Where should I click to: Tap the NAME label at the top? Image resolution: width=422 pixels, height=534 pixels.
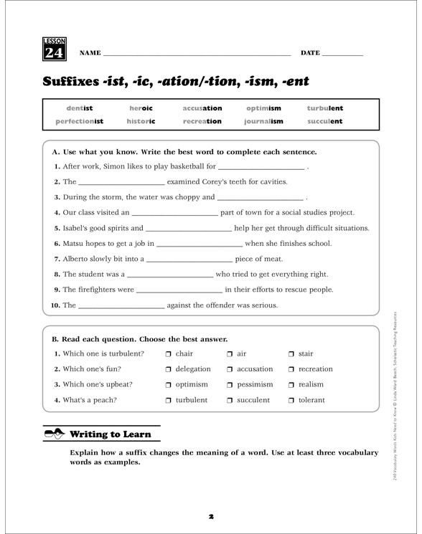pos(90,54)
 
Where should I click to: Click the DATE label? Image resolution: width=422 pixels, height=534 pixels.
pos(310,54)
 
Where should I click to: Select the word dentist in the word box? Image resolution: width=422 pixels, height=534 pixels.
pos(80,108)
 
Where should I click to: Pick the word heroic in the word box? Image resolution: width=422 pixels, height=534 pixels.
pos(141,108)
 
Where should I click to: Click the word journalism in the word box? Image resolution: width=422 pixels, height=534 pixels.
pos(263,122)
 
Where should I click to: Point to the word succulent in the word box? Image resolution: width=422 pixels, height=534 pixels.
pos(325,122)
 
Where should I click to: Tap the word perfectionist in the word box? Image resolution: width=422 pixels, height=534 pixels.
pos(80,122)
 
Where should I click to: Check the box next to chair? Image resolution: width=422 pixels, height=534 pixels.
pos(168,354)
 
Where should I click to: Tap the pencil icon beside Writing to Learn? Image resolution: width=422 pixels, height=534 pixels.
pos(54,434)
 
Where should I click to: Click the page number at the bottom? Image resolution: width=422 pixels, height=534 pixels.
pos(211,515)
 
